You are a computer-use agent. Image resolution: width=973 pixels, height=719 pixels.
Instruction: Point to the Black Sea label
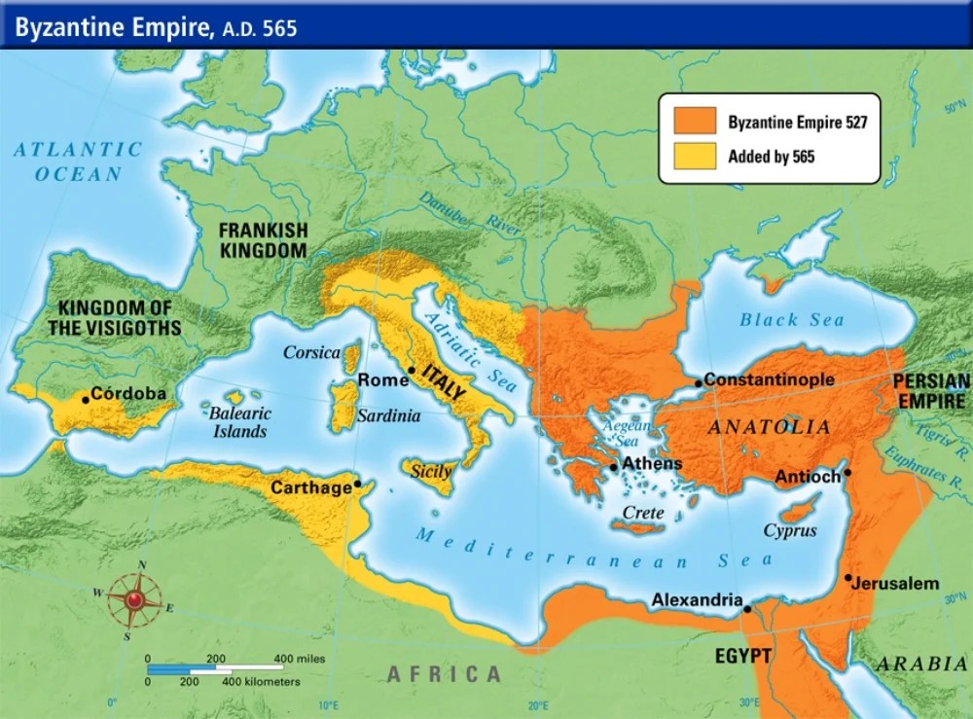[x=791, y=319]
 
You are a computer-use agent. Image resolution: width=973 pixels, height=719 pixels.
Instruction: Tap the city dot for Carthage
[x=358, y=483]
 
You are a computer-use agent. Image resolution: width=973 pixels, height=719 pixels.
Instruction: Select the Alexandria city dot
[x=746, y=609]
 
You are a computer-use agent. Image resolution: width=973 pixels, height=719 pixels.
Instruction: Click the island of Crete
[x=637, y=527]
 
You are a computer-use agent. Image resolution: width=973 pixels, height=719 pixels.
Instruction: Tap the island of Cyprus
[x=800, y=510]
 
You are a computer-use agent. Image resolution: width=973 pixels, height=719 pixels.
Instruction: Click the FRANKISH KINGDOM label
[x=263, y=240]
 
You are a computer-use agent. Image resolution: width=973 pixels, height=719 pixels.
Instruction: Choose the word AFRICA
[x=444, y=673]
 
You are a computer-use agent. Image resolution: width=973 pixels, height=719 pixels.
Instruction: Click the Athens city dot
[x=614, y=467]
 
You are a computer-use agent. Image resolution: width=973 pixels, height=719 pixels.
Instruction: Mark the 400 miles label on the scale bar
[x=300, y=659]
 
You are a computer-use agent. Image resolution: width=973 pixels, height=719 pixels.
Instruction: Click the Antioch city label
[x=808, y=478]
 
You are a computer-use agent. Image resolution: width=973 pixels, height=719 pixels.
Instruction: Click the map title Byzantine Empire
[x=107, y=28]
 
